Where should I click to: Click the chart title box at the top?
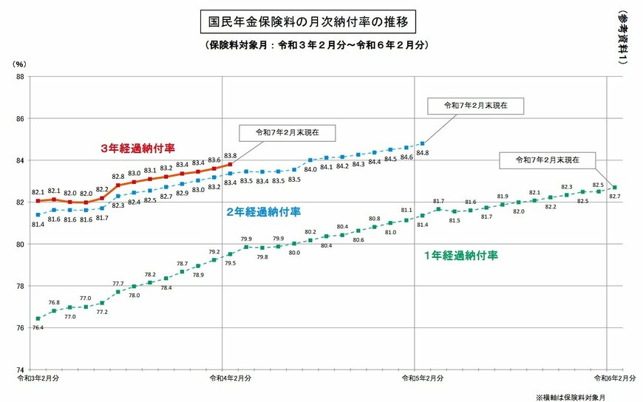point(307,21)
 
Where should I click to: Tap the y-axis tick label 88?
point(20,77)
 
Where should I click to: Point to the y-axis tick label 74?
point(20,369)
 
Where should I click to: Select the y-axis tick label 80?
point(20,244)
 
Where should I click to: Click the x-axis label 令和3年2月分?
point(38,378)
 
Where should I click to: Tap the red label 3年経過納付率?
point(137,148)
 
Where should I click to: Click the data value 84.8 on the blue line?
point(423,153)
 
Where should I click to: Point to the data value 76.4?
point(38,327)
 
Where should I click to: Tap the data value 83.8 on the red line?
point(230,155)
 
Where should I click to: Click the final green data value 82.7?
point(614,196)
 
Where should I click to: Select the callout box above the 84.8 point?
point(476,106)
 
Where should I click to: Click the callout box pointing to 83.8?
point(287,134)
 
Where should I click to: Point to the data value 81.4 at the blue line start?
point(38,224)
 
